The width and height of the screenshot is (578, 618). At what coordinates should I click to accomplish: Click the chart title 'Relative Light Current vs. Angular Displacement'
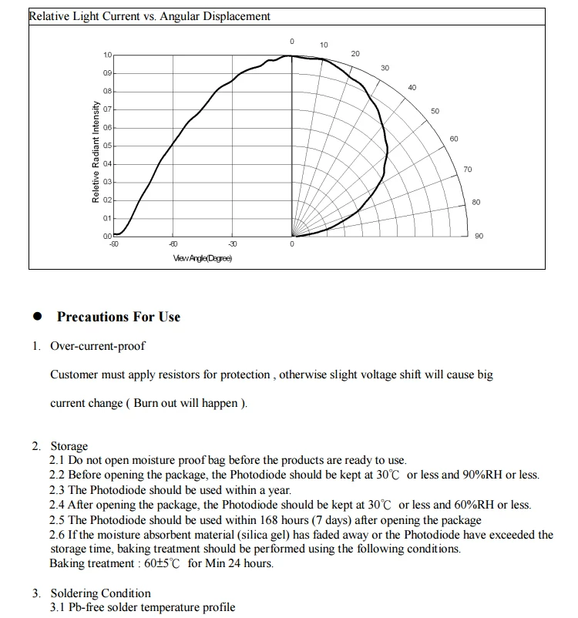pyautogui.click(x=150, y=16)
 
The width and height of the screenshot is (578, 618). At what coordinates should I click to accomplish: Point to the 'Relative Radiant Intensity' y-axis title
pyautogui.click(x=96, y=153)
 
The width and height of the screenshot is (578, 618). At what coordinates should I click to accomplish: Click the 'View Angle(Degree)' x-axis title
pyautogui.click(x=203, y=257)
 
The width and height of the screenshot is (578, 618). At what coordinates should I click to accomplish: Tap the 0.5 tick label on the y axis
pyautogui.click(x=108, y=146)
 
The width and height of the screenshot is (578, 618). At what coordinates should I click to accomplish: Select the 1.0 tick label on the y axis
pyautogui.click(x=108, y=55)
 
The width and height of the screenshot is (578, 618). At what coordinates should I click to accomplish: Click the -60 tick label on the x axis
pyautogui.click(x=173, y=244)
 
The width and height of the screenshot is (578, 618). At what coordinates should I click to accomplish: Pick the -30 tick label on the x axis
pyautogui.click(x=233, y=244)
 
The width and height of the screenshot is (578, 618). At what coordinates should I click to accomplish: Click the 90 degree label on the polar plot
pyautogui.click(x=479, y=236)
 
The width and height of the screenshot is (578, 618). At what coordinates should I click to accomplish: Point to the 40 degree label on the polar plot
pyautogui.click(x=412, y=88)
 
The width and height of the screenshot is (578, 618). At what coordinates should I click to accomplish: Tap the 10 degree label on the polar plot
pyautogui.click(x=324, y=45)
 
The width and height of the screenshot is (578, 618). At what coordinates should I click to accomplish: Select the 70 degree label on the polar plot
pyautogui.click(x=467, y=169)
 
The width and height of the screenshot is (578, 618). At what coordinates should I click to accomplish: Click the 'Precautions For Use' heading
pyautogui.click(x=119, y=317)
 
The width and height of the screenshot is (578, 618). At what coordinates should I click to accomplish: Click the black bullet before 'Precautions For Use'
pyautogui.click(x=36, y=317)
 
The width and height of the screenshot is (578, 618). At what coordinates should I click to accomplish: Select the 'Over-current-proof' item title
pyautogui.click(x=98, y=346)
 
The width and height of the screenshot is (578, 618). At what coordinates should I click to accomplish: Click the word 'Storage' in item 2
pyautogui.click(x=69, y=446)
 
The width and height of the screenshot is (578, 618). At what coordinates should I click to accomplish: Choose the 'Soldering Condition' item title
pyautogui.click(x=101, y=593)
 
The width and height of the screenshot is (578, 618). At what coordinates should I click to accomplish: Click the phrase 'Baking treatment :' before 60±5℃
pyautogui.click(x=94, y=563)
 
